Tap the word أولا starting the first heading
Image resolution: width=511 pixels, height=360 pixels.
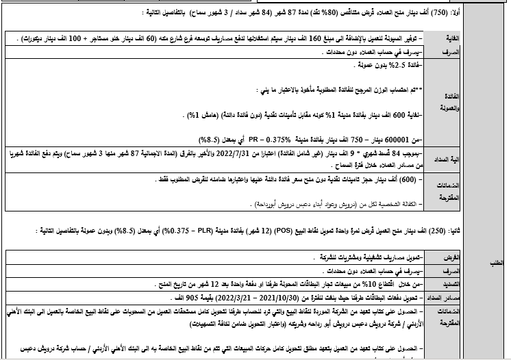(497, 13)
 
